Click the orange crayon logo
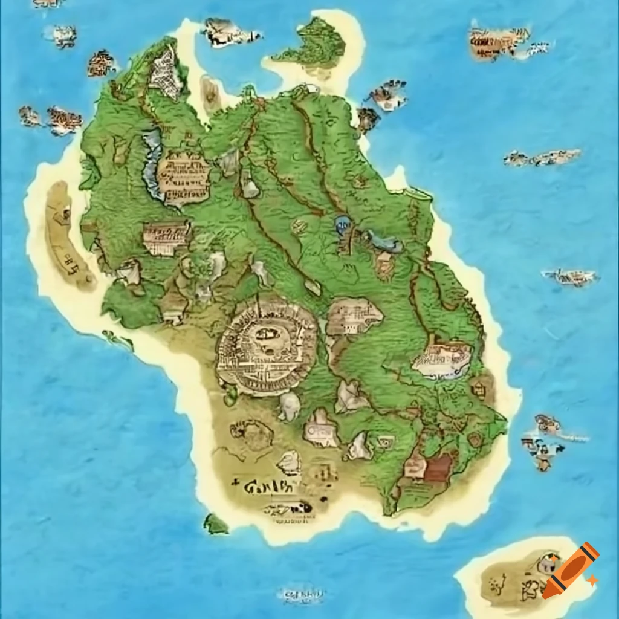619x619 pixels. click(570, 571)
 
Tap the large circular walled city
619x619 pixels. click(267, 345)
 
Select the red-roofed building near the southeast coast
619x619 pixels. click(438, 467)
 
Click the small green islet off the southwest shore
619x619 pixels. click(215, 523)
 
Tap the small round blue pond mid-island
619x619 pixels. click(342, 225)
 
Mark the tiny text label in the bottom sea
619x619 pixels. click(300, 595)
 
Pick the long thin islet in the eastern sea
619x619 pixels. click(542, 158)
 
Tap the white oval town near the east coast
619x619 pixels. click(442, 360)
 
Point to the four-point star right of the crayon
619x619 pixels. click(592, 580)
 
